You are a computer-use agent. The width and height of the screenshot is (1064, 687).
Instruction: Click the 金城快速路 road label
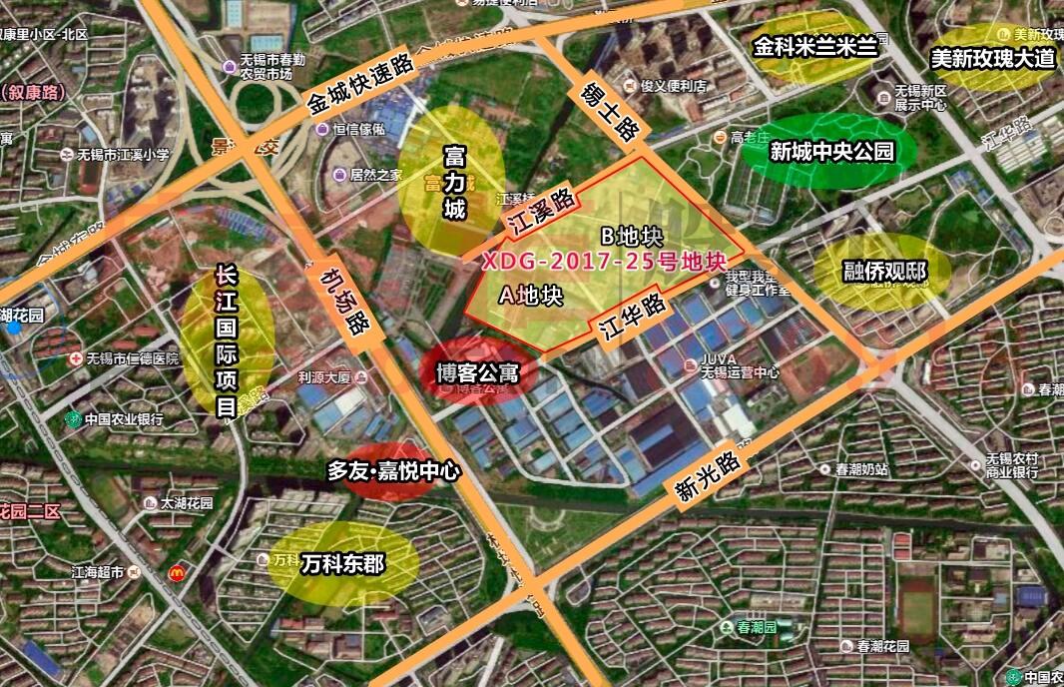[360, 84]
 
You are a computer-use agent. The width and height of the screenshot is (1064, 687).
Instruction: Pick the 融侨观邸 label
[884, 272]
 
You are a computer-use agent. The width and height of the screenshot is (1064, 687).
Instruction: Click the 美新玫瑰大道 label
[992, 58]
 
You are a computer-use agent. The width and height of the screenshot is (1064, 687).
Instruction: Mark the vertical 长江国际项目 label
[227, 341]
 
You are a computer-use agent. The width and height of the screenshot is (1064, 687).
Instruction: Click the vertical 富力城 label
[454, 183]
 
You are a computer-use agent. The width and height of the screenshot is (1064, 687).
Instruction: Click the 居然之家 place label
[375, 175]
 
